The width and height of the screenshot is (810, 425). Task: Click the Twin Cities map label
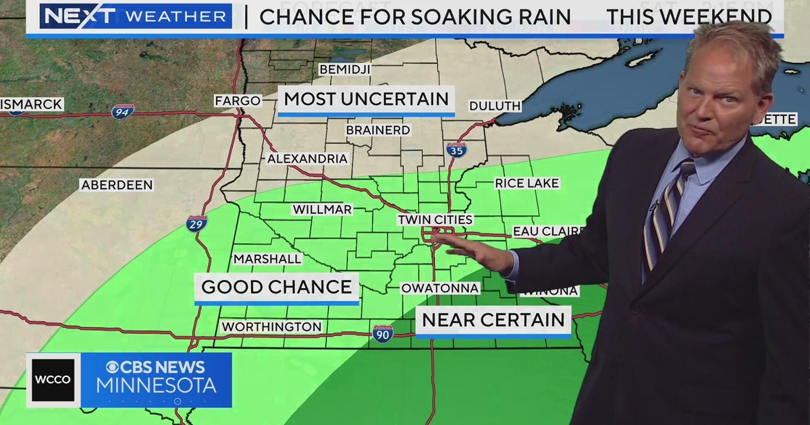(x=435, y=220)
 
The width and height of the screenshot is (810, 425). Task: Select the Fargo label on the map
(x=238, y=101)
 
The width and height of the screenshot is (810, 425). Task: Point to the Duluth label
(x=495, y=106)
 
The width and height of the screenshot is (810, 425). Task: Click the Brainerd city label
(x=378, y=130)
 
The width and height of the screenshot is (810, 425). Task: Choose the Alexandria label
(x=307, y=159)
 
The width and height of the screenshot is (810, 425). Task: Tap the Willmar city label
(x=322, y=209)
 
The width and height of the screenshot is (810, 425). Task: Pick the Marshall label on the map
(x=267, y=259)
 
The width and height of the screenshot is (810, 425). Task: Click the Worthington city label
(x=271, y=327)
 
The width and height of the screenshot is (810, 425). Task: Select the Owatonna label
(x=439, y=288)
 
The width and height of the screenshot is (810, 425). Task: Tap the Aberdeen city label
(x=117, y=185)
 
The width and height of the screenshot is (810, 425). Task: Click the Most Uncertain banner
(x=366, y=99)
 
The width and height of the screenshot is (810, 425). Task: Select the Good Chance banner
(x=276, y=287)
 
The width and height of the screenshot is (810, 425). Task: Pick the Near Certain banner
(x=493, y=320)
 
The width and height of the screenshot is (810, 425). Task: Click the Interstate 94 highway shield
(x=123, y=111)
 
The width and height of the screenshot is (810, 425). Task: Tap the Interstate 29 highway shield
(x=196, y=224)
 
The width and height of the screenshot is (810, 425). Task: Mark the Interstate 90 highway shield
(x=383, y=333)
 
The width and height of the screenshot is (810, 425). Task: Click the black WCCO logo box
(x=53, y=380)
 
